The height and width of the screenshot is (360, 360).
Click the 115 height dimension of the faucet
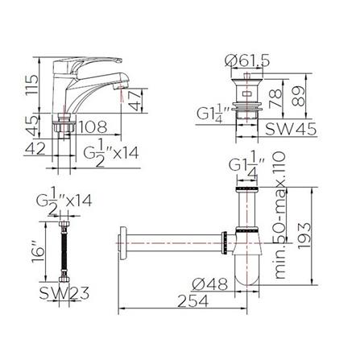[x=31, y=85]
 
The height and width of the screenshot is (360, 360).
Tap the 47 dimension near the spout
[x=135, y=100]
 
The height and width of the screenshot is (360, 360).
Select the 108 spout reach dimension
[x=93, y=127]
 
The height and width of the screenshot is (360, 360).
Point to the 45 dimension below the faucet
[x=31, y=126]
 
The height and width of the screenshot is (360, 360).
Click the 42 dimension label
[x=35, y=148]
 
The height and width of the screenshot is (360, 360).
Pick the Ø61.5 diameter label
[x=247, y=61]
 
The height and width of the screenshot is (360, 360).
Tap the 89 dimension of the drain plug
[x=298, y=96]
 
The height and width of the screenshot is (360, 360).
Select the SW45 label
[x=291, y=130]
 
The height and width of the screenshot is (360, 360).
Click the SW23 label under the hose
[x=64, y=293]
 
